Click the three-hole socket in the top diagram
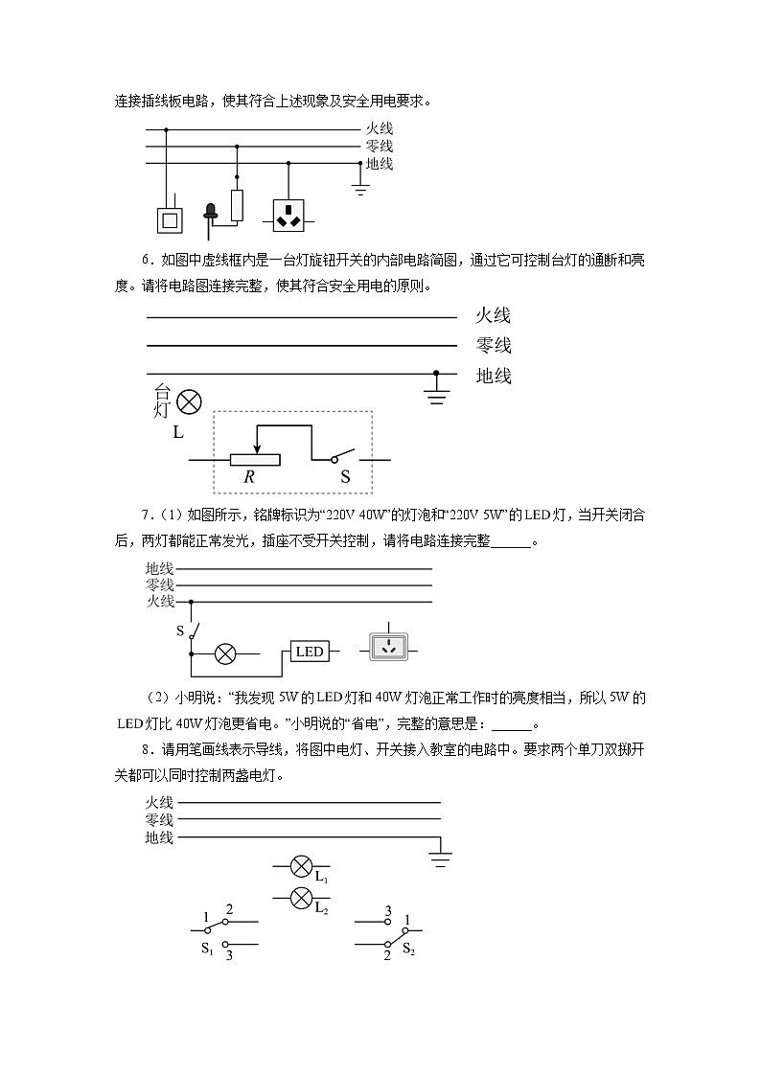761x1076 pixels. click(x=288, y=217)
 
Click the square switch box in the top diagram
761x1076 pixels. click(x=169, y=220)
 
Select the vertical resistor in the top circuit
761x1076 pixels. click(x=237, y=205)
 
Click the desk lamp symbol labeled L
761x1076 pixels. click(x=190, y=401)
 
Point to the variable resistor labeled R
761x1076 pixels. click(x=256, y=460)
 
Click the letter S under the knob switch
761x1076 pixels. click(x=345, y=476)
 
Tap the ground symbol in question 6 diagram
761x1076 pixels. click(x=437, y=392)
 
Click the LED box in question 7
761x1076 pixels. click(x=310, y=652)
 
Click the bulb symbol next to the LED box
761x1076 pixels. click(x=225, y=653)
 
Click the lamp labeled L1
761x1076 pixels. click(x=300, y=869)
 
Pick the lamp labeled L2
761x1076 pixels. click(x=300, y=899)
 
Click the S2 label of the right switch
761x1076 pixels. click(x=408, y=949)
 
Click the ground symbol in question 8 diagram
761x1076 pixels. click(x=440, y=856)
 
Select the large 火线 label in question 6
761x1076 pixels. click(x=493, y=315)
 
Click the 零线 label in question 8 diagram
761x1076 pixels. click(x=159, y=820)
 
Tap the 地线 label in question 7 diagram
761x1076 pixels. click(x=159, y=567)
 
